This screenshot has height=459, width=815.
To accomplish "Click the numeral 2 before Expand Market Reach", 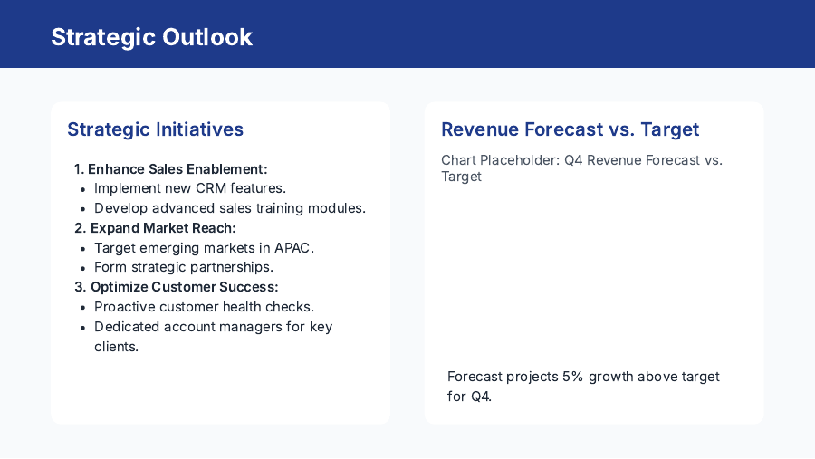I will (79, 228).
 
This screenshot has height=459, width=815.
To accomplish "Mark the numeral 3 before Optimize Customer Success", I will (79, 287).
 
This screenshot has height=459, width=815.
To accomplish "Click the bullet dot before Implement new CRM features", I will (82, 189).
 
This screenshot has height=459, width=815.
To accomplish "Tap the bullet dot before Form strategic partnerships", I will (82, 268).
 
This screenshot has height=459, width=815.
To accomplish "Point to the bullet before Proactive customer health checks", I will (82, 308).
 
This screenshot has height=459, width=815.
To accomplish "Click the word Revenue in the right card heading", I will (479, 129).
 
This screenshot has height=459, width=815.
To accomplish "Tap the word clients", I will (116, 347).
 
